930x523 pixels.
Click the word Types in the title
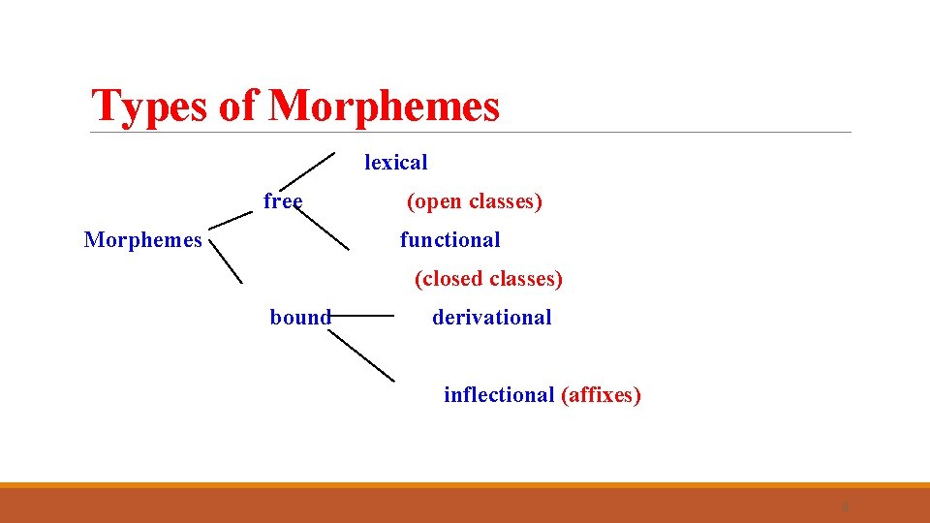point(149,107)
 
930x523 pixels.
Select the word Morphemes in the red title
point(384,107)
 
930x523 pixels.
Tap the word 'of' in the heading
point(238,107)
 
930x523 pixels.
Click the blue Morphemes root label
point(143,240)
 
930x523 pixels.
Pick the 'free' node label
point(283,201)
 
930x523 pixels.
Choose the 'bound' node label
point(300,318)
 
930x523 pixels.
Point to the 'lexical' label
point(395,163)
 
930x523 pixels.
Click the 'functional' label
point(449,240)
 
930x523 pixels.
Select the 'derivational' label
point(491,318)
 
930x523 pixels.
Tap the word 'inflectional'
point(498,395)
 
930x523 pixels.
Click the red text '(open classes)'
point(474,201)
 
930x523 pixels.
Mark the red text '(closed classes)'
point(488,279)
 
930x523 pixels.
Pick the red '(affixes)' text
point(601,395)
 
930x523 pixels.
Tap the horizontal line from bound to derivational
point(362,315)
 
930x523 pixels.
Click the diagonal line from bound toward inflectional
point(360,354)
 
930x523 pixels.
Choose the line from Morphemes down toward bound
point(226,261)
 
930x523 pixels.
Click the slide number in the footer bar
point(845,507)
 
